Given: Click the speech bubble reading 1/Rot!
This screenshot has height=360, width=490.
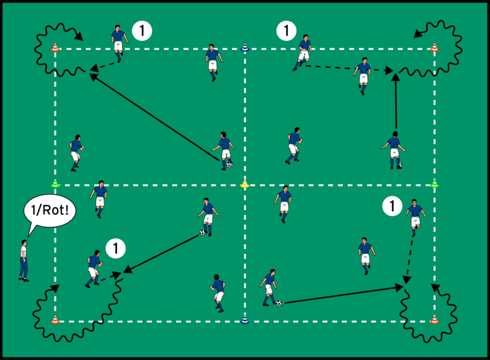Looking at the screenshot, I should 47,212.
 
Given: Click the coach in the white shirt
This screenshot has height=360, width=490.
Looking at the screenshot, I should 23,260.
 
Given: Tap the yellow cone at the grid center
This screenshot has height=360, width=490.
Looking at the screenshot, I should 244,184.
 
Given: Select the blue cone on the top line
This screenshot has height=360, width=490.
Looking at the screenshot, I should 244,47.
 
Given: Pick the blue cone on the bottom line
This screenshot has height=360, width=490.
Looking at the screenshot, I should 245,320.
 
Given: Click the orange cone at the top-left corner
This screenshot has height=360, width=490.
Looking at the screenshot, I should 55,47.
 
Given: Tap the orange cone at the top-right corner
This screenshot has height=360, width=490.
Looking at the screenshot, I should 435,47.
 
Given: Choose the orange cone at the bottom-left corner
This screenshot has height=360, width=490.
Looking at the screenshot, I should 55,319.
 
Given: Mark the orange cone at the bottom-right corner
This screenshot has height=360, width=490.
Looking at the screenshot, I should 434,319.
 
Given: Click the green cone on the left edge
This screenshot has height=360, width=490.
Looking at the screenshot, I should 55,184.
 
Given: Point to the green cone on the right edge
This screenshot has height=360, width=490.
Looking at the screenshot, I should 435,184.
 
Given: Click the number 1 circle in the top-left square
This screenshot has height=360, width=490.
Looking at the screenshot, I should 141,30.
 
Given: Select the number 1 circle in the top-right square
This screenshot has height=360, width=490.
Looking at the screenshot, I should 287,30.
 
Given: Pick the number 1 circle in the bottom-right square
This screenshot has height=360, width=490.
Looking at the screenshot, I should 392,207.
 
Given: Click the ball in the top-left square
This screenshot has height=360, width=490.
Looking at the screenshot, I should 229,164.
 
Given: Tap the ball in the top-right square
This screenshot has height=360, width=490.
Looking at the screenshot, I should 399,166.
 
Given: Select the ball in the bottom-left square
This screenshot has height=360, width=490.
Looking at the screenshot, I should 203,233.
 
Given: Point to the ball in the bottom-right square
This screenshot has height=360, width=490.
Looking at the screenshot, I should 278,303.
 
